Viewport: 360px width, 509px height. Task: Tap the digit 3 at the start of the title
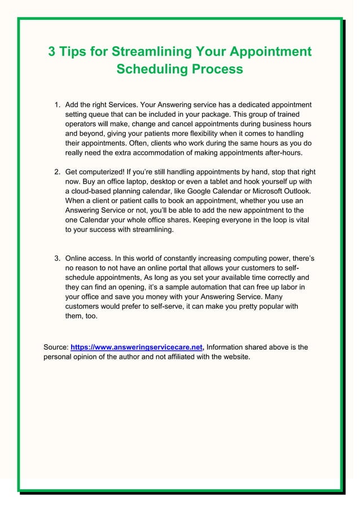pyautogui.click(x=52, y=52)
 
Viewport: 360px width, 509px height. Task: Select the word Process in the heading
pyautogui.click(x=217, y=69)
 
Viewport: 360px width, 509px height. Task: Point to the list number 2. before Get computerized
pyautogui.click(x=58, y=172)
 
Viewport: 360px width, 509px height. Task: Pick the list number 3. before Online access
pyautogui.click(x=58, y=258)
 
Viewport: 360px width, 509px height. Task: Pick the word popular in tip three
pyautogui.click(x=264, y=306)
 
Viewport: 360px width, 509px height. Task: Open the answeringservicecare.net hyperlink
pyautogui.click(x=137, y=347)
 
